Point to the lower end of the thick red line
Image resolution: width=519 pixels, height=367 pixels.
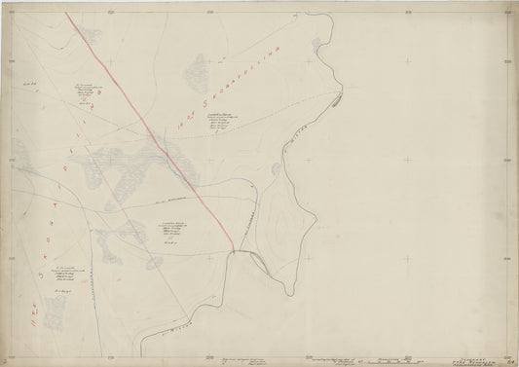tap(233, 249)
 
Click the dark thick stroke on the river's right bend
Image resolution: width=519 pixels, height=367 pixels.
tap(337, 98)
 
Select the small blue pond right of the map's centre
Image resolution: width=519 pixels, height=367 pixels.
tap(277, 169)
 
